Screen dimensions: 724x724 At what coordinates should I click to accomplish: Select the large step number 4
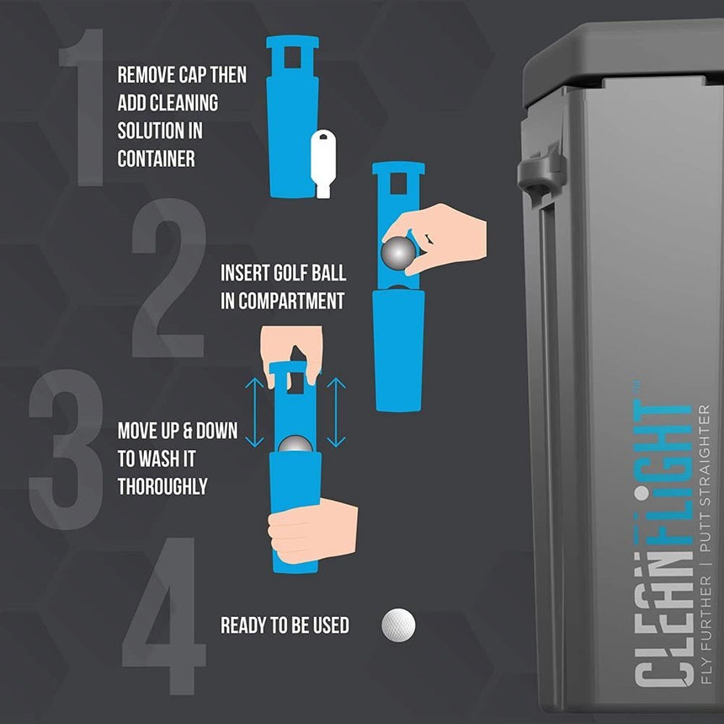(x=164, y=628)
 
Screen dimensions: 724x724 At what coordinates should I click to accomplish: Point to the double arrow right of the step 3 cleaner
(x=336, y=413)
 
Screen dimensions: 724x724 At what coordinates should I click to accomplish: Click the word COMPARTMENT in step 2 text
(x=291, y=301)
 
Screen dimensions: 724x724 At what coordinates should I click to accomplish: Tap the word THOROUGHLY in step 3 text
(x=162, y=486)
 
